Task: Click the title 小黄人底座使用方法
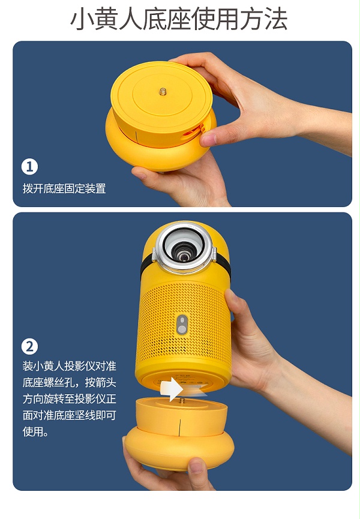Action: point(179,19)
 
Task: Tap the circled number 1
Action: point(29,167)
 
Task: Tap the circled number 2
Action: point(29,347)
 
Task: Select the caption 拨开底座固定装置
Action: point(64,188)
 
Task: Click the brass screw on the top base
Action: point(163,91)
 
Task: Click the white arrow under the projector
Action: point(172,389)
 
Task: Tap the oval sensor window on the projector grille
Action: point(182,325)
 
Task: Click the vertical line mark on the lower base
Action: point(179,427)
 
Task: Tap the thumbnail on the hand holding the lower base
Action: point(196,467)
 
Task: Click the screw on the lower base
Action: point(182,401)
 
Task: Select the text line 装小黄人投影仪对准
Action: point(70,366)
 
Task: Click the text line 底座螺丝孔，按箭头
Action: point(70,382)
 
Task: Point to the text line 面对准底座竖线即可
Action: point(70,415)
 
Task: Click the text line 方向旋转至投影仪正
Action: point(70,398)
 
